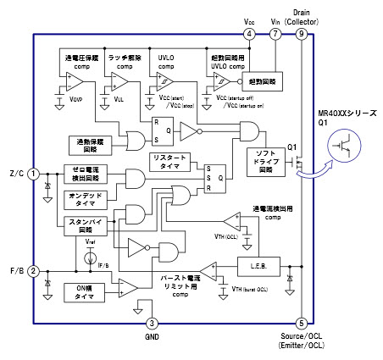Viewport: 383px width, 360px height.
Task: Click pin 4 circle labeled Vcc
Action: coord(248,34)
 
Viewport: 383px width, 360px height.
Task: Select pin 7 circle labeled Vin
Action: coord(275,34)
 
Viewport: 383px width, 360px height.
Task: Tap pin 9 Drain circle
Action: coord(303,34)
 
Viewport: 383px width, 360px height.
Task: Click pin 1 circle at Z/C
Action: coord(33,174)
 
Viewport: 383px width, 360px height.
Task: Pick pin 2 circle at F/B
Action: coord(33,271)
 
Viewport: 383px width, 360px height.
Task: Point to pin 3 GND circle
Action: coord(152,322)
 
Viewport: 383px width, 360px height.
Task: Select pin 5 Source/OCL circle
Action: coord(303,322)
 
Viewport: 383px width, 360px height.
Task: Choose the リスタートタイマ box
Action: coord(169,162)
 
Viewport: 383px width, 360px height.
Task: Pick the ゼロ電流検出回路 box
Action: coord(86,175)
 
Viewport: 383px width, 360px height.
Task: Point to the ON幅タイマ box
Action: coord(84,292)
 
